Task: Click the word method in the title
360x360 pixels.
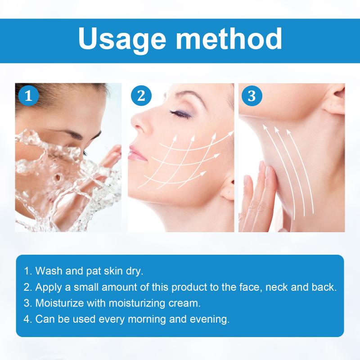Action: coord(229,38)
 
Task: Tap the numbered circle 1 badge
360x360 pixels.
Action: coord(28,95)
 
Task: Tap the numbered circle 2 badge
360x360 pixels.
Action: coord(141,95)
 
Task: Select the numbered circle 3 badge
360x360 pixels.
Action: coord(252,95)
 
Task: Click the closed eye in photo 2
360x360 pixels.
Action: coord(180,113)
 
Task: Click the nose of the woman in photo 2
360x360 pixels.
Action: coord(139,121)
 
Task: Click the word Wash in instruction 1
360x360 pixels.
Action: coord(49,271)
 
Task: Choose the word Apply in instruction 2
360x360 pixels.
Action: coord(49,288)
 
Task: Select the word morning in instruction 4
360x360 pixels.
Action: coord(147,319)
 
